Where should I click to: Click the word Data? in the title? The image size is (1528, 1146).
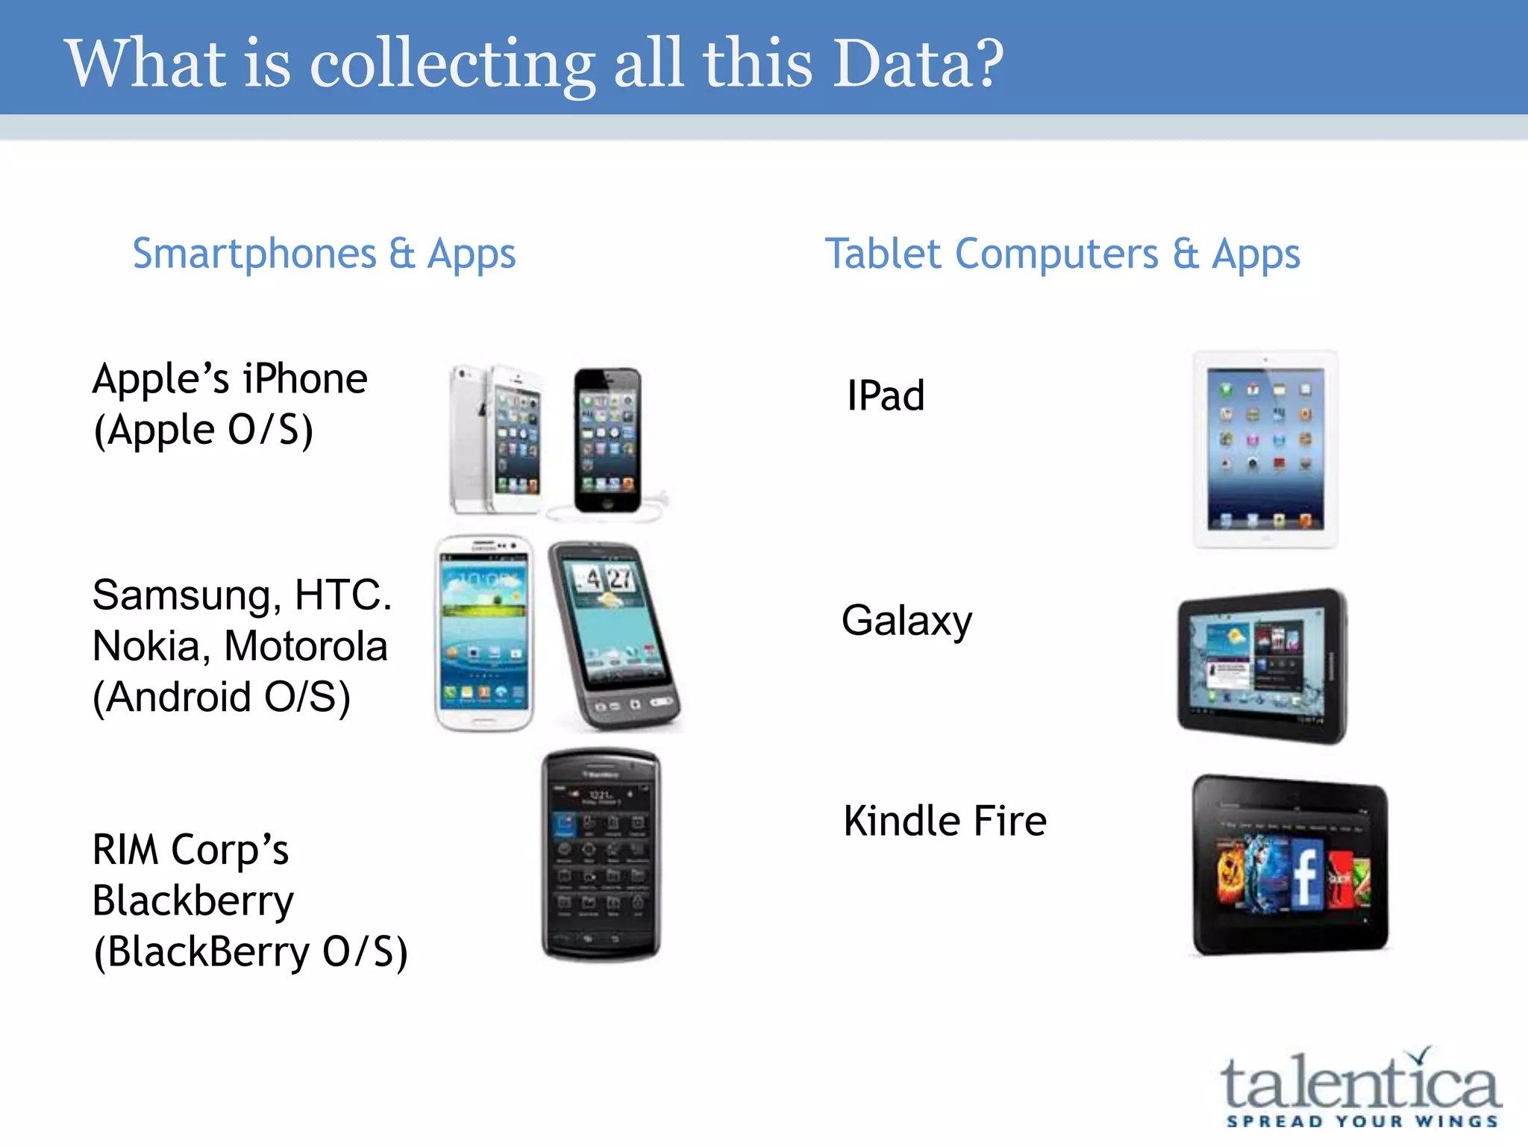pyautogui.click(x=918, y=63)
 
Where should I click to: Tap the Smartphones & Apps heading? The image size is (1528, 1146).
pyautogui.click(x=324, y=254)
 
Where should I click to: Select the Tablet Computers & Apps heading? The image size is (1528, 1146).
pyautogui.click(x=1062, y=254)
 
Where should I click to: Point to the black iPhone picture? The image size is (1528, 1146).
pyautogui.click(x=607, y=440)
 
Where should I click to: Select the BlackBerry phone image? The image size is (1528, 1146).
pyautogui.click(x=601, y=855)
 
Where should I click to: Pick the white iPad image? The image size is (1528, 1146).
pyautogui.click(x=1265, y=449)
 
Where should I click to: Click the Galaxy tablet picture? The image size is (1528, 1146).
pyautogui.click(x=1262, y=666)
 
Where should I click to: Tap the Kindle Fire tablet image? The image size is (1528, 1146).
pyautogui.click(x=1290, y=865)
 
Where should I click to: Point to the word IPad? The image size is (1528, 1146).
pyautogui.click(x=886, y=395)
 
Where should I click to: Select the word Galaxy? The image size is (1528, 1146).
pyautogui.click(x=907, y=621)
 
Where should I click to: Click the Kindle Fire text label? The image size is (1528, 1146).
pyautogui.click(x=945, y=821)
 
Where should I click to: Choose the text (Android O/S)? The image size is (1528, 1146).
pyautogui.click(x=222, y=697)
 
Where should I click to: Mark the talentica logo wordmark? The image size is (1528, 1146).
pyautogui.click(x=1359, y=1083)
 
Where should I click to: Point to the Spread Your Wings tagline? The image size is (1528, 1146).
pyautogui.click(x=1362, y=1121)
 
